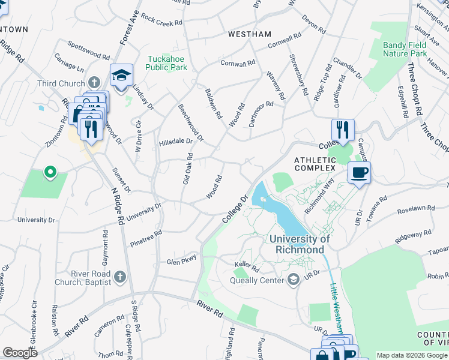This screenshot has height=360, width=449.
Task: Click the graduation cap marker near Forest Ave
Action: pyautogui.click(x=121, y=76)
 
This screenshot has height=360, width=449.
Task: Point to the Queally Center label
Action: pyautogui.click(x=258, y=280)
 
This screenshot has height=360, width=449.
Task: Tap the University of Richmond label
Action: pyautogui.click(x=300, y=244)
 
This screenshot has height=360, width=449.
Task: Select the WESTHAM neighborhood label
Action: pyautogui.click(x=250, y=34)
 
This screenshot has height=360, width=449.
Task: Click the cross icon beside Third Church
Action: pyautogui.click(x=93, y=82)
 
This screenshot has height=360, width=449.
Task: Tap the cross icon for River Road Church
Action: pyautogui.click(x=119, y=277)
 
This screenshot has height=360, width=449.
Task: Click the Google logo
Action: pyautogui.click(x=20, y=353)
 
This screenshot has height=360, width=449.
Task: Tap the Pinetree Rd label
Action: pyautogui.click(x=146, y=239)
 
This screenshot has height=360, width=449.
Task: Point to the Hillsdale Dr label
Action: pyautogui.click(x=175, y=142)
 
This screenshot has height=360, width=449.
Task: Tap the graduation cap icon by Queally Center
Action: pyautogui.click(x=294, y=280)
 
